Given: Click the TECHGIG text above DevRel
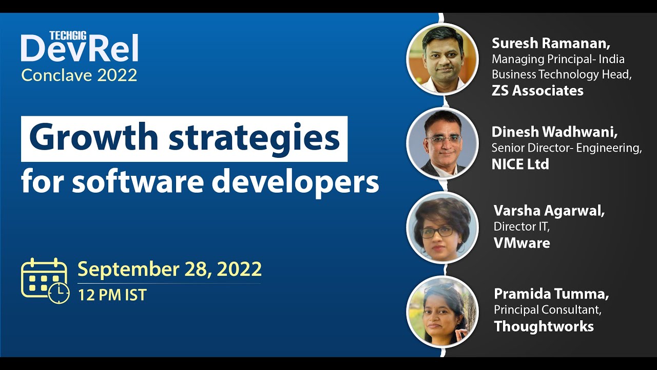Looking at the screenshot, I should [67, 35].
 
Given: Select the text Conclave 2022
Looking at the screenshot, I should [79, 76].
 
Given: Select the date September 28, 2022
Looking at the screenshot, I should [169, 269].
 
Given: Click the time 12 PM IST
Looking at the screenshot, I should [112, 295].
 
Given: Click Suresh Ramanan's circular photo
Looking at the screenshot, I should [442, 59].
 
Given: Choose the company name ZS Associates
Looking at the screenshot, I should [537, 91].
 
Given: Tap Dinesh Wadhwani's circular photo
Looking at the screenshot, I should [442, 143].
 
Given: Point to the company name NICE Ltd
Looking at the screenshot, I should [520, 164].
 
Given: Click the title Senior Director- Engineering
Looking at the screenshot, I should [567, 148].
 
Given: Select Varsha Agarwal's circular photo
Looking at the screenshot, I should [442, 228].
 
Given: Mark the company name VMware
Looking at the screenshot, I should [521, 243].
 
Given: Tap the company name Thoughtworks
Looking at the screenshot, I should [544, 326].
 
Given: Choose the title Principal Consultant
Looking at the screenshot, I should [547, 310].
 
